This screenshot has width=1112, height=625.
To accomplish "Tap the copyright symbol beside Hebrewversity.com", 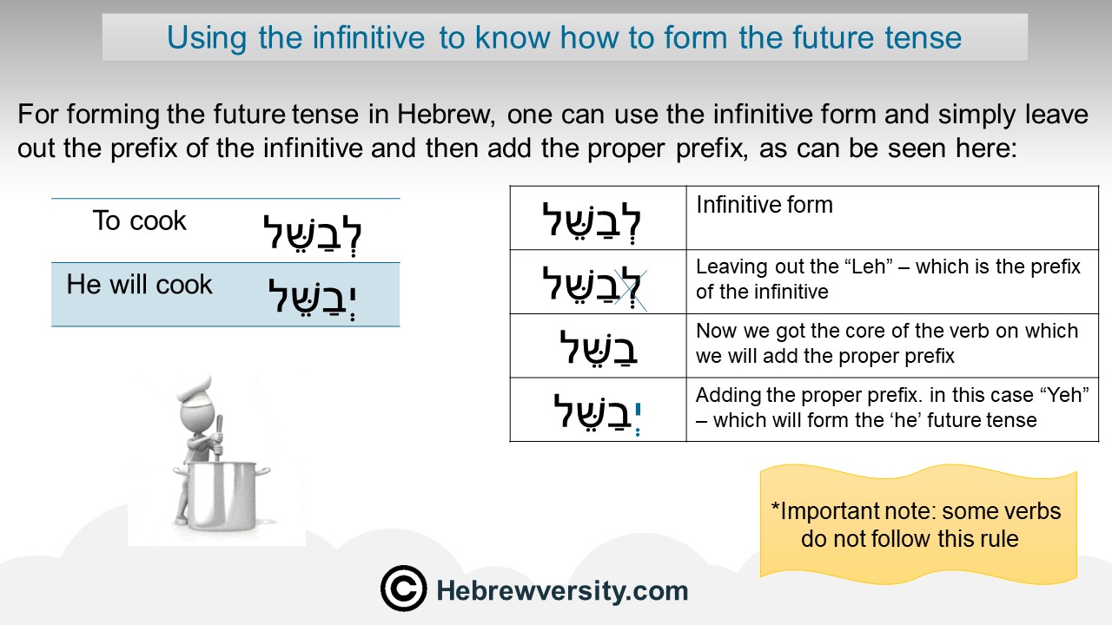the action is pyautogui.click(x=404, y=589).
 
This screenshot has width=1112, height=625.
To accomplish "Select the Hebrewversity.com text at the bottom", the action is pyautogui.click(x=562, y=591).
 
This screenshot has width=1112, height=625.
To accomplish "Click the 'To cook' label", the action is pyautogui.click(x=140, y=220).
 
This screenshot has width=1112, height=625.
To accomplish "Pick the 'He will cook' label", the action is pyautogui.click(x=140, y=284).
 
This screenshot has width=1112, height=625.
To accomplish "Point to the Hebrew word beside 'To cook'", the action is pyautogui.click(x=312, y=234).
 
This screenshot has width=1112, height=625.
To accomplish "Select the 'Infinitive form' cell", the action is pyautogui.click(x=764, y=205).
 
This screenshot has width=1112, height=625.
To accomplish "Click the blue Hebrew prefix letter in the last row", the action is pyautogui.click(x=638, y=418).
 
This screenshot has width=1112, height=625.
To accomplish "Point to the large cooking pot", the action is pyautogui.click(x=221, y=494).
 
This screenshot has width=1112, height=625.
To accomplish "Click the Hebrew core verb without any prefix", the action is pyautogui.click(x=599, y=348).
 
